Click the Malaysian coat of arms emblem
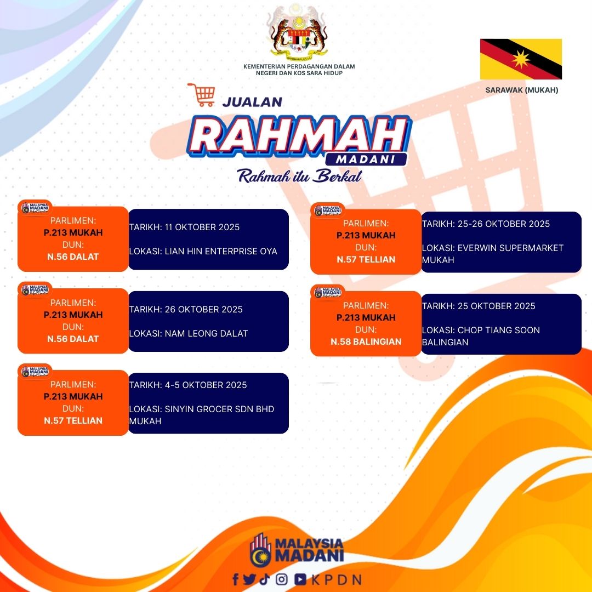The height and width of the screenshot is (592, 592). pos(299,33)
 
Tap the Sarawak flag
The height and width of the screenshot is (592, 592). pos(521,59)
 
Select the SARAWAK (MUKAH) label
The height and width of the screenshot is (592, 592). pos(521,90)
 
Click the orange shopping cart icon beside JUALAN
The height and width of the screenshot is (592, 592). pos(202,95)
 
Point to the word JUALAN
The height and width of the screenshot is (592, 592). pos(252,102)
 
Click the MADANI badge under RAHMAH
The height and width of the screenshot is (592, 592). pos(366,160)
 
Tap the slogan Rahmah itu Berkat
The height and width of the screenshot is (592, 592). pos(299,176)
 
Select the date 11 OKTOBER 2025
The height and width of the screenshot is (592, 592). pos(202,227)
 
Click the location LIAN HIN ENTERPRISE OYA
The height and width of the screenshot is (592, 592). pos(221,251)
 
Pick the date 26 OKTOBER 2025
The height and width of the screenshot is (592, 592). pos(203,309)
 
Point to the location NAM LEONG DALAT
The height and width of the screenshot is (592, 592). pos(206,333)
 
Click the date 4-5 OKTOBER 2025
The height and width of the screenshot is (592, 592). pos(206,385)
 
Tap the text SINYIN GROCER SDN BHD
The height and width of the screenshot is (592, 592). pos(219,409)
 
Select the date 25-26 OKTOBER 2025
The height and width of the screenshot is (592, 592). pos(504,224)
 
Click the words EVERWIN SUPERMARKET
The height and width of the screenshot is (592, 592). pos(510,248)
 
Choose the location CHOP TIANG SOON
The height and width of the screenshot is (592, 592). pos(499,330)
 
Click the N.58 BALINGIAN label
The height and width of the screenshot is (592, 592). pos(366,341)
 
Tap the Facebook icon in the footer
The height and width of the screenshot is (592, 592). pos(236,579)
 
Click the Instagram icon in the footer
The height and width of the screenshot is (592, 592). pos(281,579)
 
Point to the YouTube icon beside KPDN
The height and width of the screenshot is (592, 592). pos(300,579)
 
